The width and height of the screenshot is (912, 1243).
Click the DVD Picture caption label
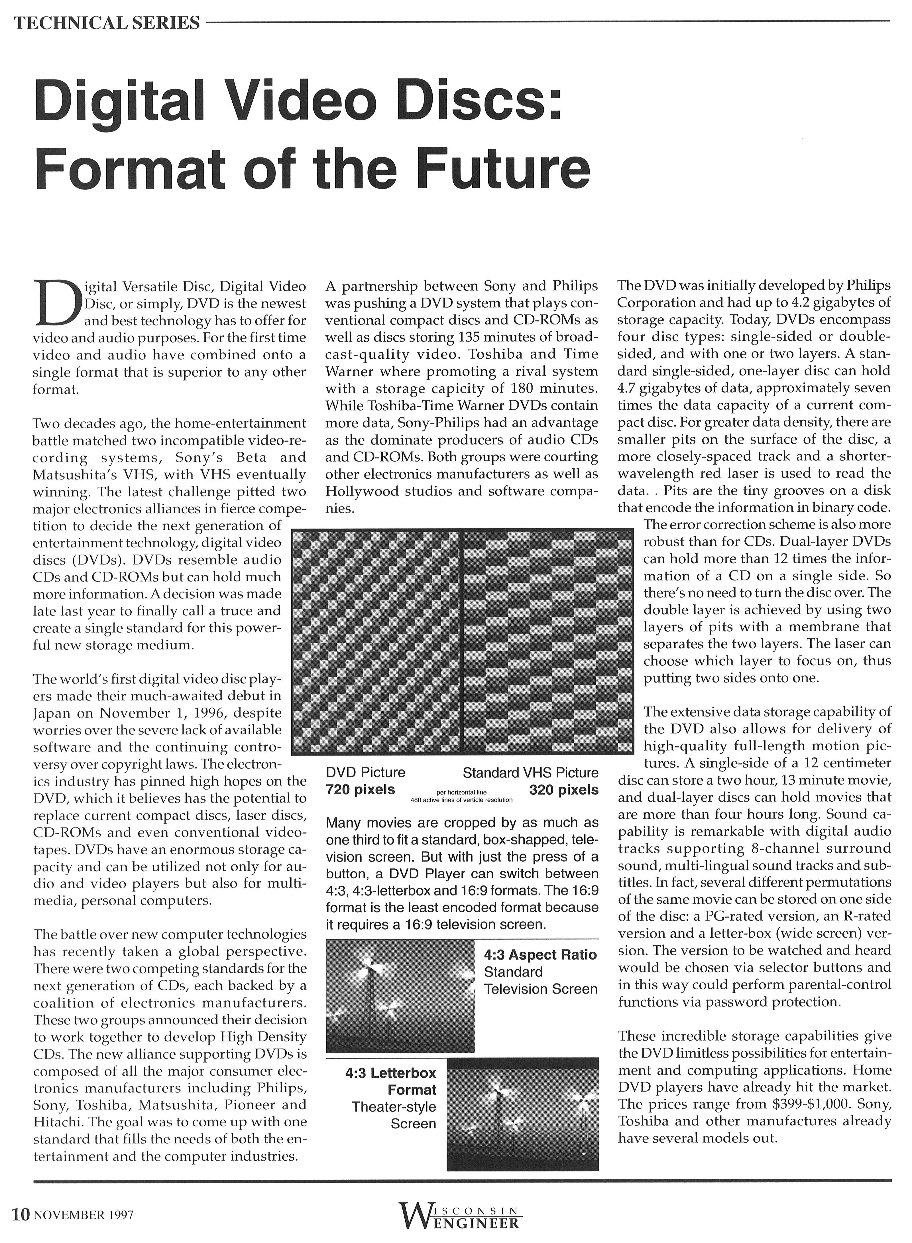click(365, 772)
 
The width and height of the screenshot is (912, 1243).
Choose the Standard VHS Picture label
click(530, 772)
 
